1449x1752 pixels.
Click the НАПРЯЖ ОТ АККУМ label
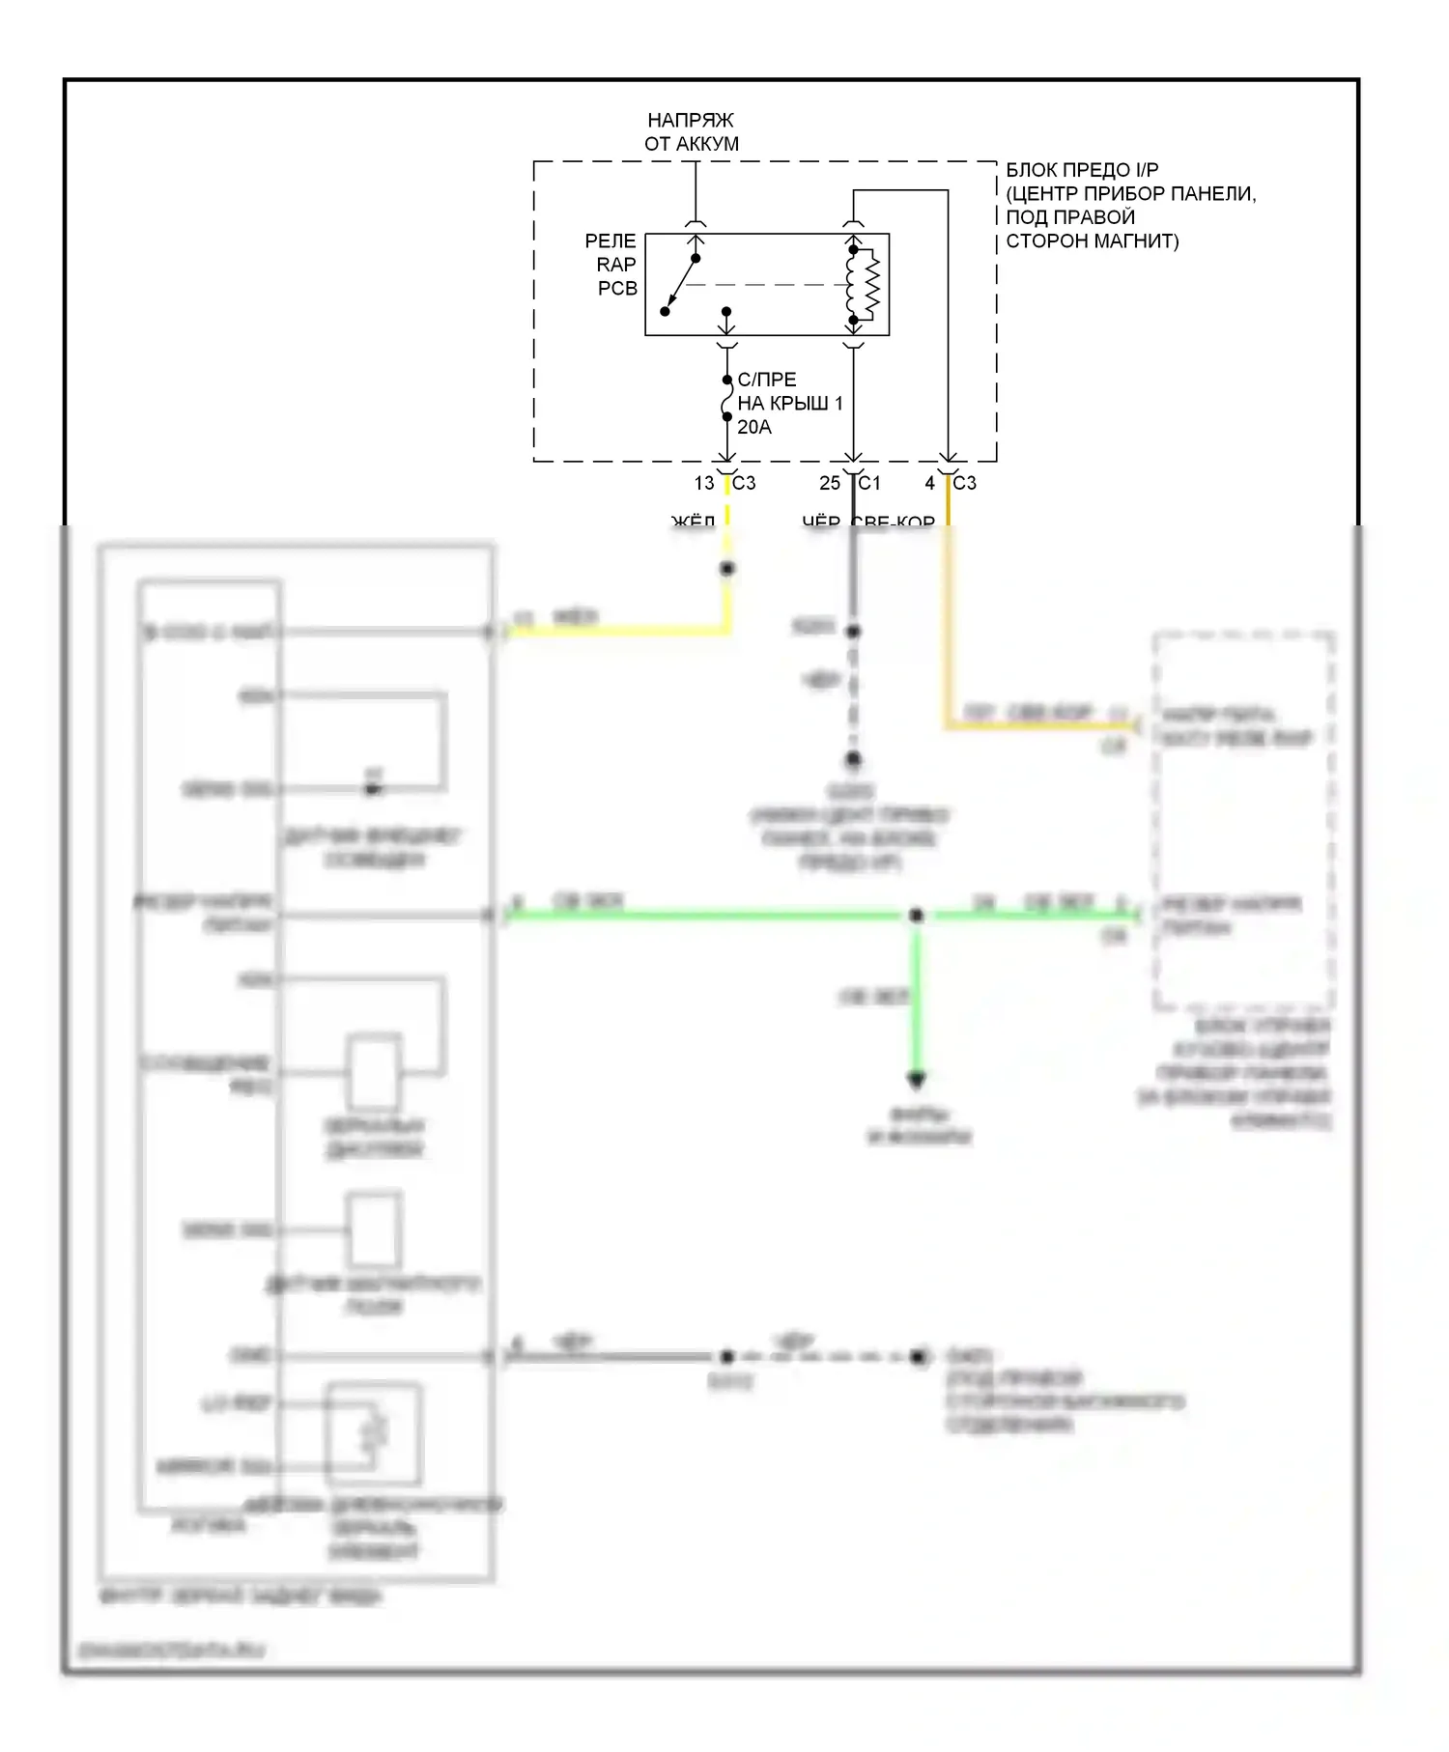click(692, 132)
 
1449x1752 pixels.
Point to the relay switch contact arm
click(680, 285)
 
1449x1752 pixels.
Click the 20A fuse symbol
click(726, 399)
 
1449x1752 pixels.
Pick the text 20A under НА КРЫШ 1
click(754, 427)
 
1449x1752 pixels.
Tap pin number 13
click(704, 483)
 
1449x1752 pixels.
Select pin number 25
click(830, 483)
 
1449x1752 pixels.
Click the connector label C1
click(869, 483)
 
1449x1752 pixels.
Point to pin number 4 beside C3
click(929, 483)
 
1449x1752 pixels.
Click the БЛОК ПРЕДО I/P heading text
click(1082, 170)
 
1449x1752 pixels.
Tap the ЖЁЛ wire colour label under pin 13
click(694, 523)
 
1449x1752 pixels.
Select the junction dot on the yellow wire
click(727, 569)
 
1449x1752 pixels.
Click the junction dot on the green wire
click(916, 915)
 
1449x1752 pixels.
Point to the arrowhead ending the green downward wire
click(916, 1079)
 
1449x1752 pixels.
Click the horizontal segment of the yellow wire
click(618, 632)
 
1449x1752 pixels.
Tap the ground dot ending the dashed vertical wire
click(853, 760)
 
